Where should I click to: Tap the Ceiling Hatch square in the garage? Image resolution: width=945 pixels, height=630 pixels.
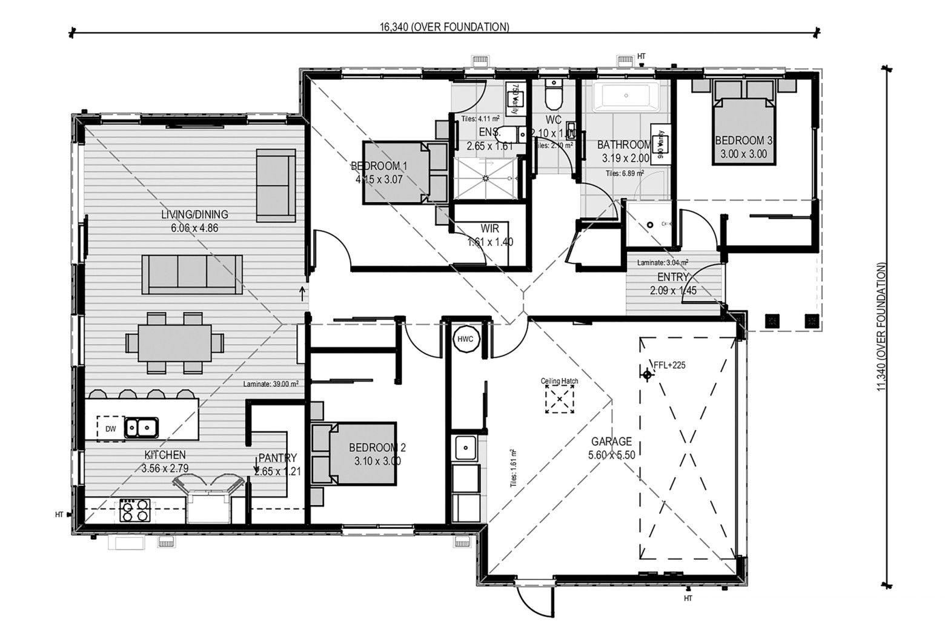pos(560,400)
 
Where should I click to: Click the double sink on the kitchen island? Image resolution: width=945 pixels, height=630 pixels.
pos(141,428)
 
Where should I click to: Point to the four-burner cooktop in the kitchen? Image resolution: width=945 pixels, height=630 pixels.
pos(135,509)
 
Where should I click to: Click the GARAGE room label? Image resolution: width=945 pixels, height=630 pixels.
pos(612,442)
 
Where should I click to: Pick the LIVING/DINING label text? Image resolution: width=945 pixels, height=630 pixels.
pos(194,214)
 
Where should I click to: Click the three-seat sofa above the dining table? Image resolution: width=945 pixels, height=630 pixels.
pos(192,274)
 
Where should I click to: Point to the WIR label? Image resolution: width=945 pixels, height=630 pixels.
pos(490,229)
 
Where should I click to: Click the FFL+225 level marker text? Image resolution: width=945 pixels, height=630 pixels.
pos(669,365)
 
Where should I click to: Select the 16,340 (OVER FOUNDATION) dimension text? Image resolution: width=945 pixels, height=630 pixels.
pos(444,27)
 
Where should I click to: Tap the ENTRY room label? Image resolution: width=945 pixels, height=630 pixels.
pos(673,277)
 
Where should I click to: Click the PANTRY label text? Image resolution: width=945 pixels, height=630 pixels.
pos(277,458)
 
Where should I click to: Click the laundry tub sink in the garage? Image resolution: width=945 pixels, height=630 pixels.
pos(465,448)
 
